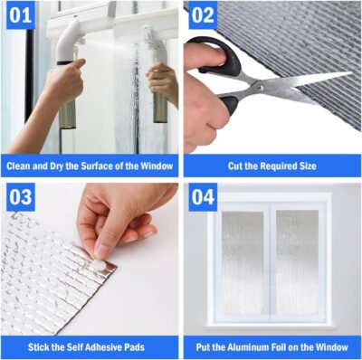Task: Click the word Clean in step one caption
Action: [20, 166]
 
